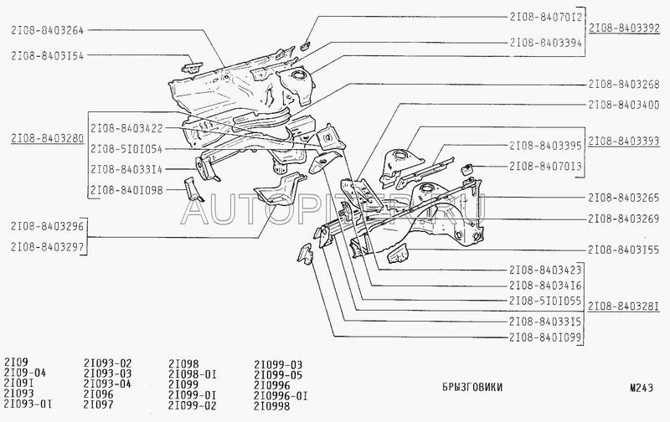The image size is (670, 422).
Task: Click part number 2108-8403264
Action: coord(48,30)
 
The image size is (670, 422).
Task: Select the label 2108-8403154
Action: coord(48,55)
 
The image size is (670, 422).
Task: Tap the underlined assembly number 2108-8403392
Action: coord(624,28)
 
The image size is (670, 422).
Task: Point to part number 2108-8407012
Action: coord(546,17)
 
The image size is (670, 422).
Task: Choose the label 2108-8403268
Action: coord(624,85)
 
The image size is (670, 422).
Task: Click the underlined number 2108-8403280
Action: coord(48,138)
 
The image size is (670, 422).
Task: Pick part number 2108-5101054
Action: coord(126,149)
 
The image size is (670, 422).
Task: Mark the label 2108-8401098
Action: coord(126,191)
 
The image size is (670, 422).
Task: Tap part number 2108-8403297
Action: coord(48,247)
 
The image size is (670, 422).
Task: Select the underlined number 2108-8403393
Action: coord(624,141)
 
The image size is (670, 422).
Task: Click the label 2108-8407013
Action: coord(546,166)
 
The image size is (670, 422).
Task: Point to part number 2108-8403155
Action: coord(624,250)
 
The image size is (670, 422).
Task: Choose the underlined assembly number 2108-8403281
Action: coord(624,306)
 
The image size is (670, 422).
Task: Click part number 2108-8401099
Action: coord(546,338)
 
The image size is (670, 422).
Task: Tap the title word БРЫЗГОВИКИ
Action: coord(472,388)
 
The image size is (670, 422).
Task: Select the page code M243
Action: coord(642,388)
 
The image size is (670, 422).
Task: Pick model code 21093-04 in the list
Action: coord(107,383)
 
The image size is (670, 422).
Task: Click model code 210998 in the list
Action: coord(271,406)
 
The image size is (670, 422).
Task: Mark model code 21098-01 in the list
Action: coord(193,374)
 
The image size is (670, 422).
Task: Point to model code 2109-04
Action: coord(25,373)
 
